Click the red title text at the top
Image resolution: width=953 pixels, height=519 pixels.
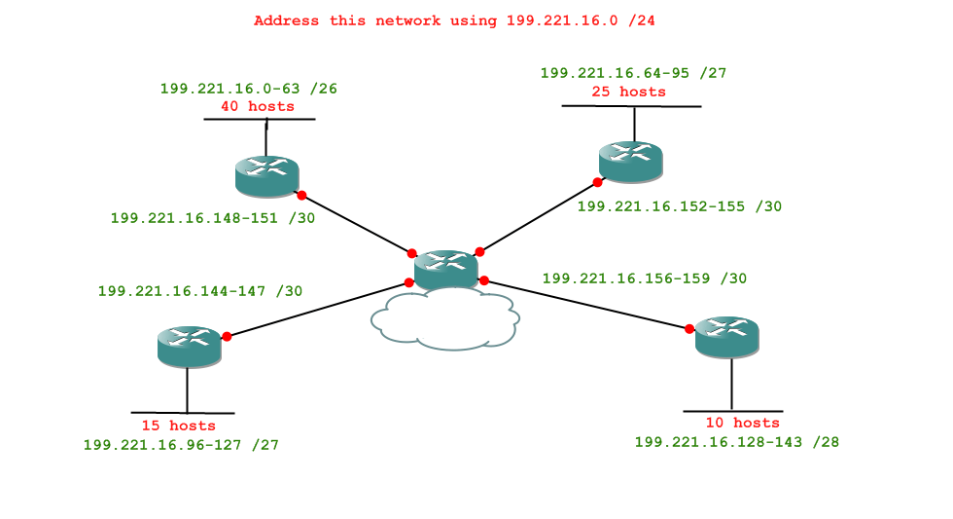[461, 20]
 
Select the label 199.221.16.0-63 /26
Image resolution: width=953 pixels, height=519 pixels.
[249, 89]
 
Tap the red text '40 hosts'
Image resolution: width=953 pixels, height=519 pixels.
[258, 106]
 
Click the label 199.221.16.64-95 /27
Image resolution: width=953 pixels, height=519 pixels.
[633, 73]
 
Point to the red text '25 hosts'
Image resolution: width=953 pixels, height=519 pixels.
[628, 92]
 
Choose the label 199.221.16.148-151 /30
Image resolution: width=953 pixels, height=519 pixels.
[213, 218]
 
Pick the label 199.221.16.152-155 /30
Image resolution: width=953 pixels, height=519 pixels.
[679, 206]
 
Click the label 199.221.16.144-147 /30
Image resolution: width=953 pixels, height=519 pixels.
[200, 290]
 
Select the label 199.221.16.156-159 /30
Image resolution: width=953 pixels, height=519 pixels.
[644, 278]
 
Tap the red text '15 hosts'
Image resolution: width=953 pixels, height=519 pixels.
[179, 426]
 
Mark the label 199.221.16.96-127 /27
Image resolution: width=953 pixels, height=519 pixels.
[181, 445]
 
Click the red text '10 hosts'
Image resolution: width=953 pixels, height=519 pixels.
[743, 423]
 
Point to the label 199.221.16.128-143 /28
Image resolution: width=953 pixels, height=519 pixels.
[736, 442]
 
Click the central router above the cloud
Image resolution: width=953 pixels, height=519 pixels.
[445, 268]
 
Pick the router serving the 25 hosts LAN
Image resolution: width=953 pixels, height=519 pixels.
[630, 159]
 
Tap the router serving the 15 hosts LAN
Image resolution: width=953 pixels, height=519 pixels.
[189, 345]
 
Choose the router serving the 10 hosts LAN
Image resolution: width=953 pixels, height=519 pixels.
[727, 336]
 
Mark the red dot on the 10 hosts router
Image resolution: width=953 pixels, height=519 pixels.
[689, 328]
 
